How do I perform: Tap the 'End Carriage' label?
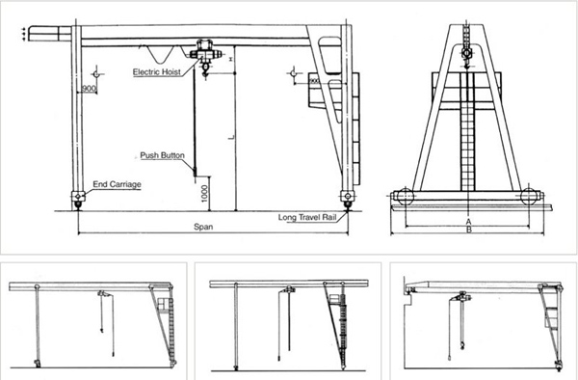113,182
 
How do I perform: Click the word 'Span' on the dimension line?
200,228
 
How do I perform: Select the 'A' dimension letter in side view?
468,220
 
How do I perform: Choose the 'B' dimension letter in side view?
468,231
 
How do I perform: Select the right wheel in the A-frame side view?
528,198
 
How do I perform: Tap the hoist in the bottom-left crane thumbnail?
100,295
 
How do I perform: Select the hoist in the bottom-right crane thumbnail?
456,301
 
